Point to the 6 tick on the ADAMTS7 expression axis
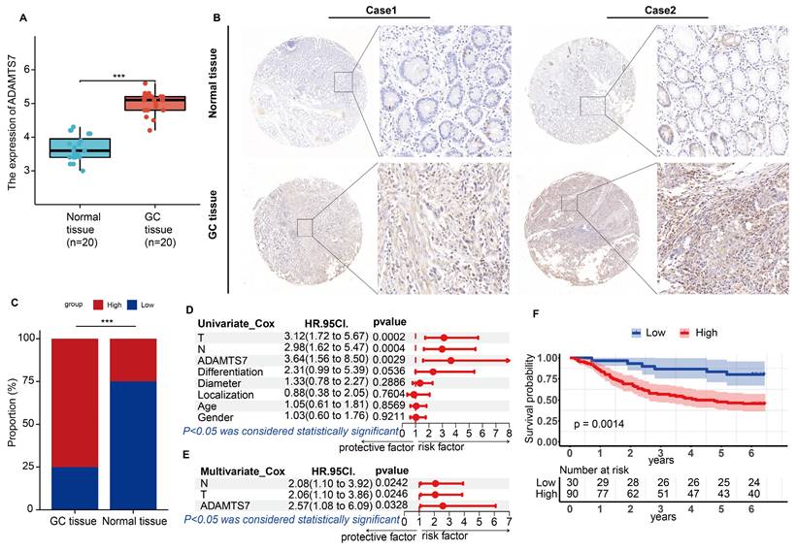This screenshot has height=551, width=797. [x=27, y=70]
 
